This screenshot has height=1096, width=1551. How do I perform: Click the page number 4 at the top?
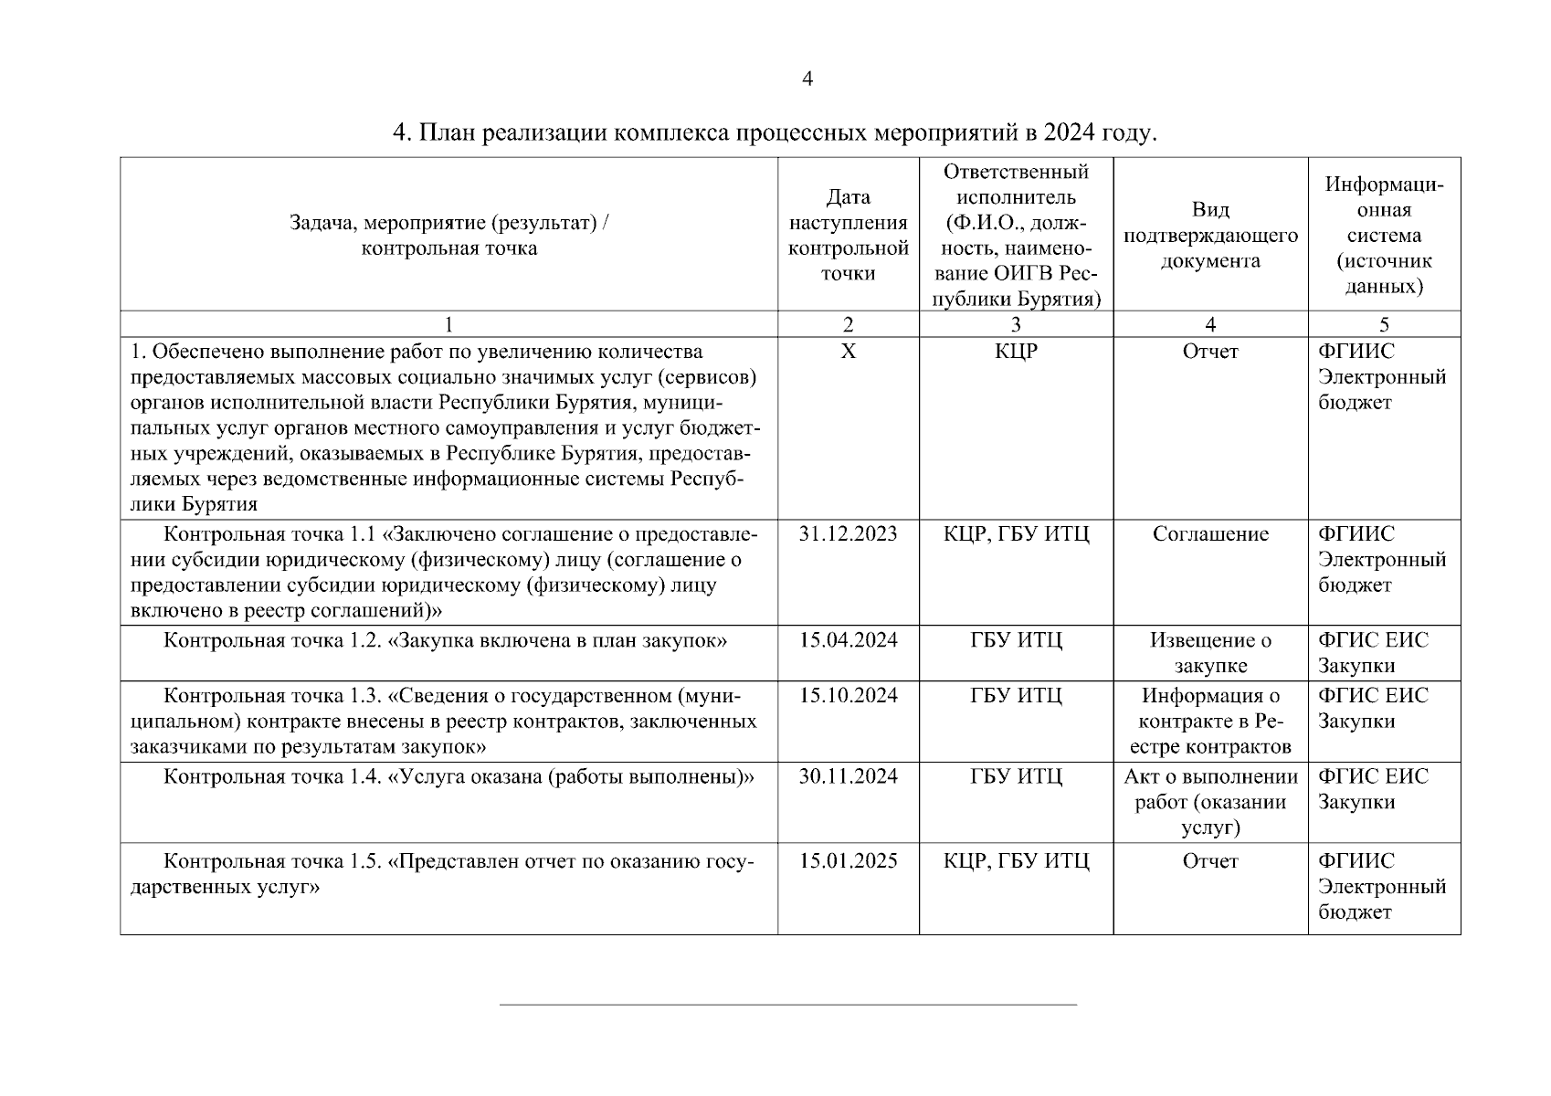[x=807, y=79]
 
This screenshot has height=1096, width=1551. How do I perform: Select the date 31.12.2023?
[x=848, y=534]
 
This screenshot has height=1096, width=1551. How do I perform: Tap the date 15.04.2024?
[x=848, y=640]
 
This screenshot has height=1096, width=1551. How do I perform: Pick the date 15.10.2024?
[x=848, y=696]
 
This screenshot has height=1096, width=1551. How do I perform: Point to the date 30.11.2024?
[x=848, y=777]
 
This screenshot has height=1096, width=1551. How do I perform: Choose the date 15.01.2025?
[x=848, y=861]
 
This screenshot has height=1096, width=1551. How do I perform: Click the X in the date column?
[x=848, y=352]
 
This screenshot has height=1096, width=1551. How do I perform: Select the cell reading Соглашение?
[x=1210, y=534]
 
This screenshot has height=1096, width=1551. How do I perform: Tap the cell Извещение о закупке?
[x=1210, y=653]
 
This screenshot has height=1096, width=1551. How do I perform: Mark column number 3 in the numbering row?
[x=1016, y=324]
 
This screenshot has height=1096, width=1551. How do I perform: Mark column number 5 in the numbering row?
[x=1384, y=324]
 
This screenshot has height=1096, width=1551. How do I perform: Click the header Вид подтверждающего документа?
[x=1210, y=235]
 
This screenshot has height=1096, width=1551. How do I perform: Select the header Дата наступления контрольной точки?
[x=848, y=235]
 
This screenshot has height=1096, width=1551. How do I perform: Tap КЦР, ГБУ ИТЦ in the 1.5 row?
[x=1016, y=861]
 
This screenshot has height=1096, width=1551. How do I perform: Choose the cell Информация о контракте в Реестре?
[x=1210, y=722]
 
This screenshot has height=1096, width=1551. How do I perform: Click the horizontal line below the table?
[x=787, y=1005]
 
